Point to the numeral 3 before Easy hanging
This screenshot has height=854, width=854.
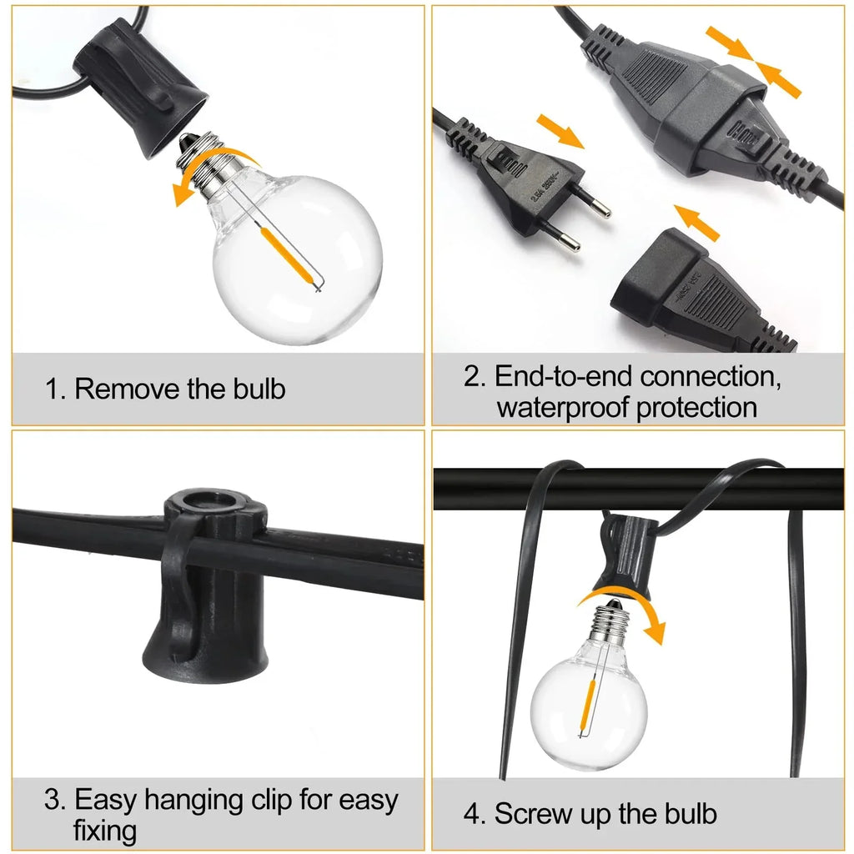[x=54, y=801]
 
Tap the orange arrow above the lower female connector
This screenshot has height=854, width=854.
[x=696, y=220]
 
